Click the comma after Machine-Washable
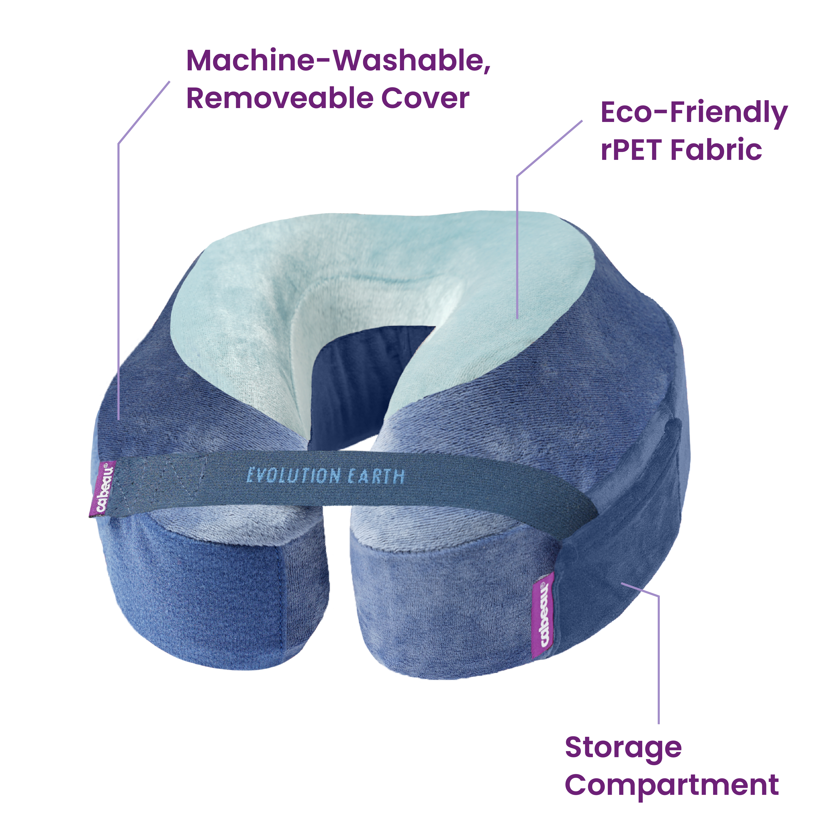487,70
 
